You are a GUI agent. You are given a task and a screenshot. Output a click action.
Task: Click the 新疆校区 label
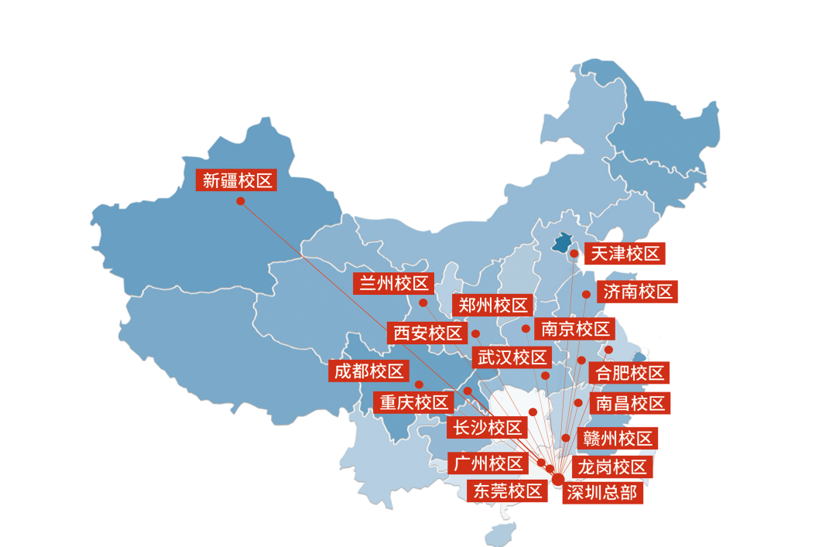(x=236, y=181)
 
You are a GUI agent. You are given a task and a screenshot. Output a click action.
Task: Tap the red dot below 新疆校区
(x=241, y=201)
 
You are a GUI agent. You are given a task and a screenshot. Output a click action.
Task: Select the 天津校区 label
(x=625, y=253)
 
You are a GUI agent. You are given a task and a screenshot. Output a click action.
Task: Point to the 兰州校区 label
(x=393, y=283)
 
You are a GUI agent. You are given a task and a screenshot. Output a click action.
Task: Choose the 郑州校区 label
(x=492, y=306)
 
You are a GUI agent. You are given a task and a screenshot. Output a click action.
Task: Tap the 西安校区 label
(x=427, y=333)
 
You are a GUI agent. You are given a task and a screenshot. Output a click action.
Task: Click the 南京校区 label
(x=574, y=329)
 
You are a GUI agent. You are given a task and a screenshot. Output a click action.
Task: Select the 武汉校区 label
(x=512, y=357)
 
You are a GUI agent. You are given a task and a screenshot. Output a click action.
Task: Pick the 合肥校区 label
(x=629, y=373)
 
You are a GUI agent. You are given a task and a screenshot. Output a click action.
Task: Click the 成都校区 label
(x=368, y=371)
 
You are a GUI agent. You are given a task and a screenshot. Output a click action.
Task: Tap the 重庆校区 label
(x=413, y=402)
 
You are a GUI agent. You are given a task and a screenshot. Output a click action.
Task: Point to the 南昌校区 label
(x=630, y=403)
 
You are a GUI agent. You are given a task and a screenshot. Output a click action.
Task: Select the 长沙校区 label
(x=487, y=428)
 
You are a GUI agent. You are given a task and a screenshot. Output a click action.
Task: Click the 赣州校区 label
(x=618, y=439)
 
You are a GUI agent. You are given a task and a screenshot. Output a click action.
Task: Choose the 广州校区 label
(x=488, y=464)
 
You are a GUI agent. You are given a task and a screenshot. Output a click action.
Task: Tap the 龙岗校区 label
(x=612, y=467)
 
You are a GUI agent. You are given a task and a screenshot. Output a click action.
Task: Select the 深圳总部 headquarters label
(x=602, y=493)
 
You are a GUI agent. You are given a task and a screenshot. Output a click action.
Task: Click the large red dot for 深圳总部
(x=558, y=480)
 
